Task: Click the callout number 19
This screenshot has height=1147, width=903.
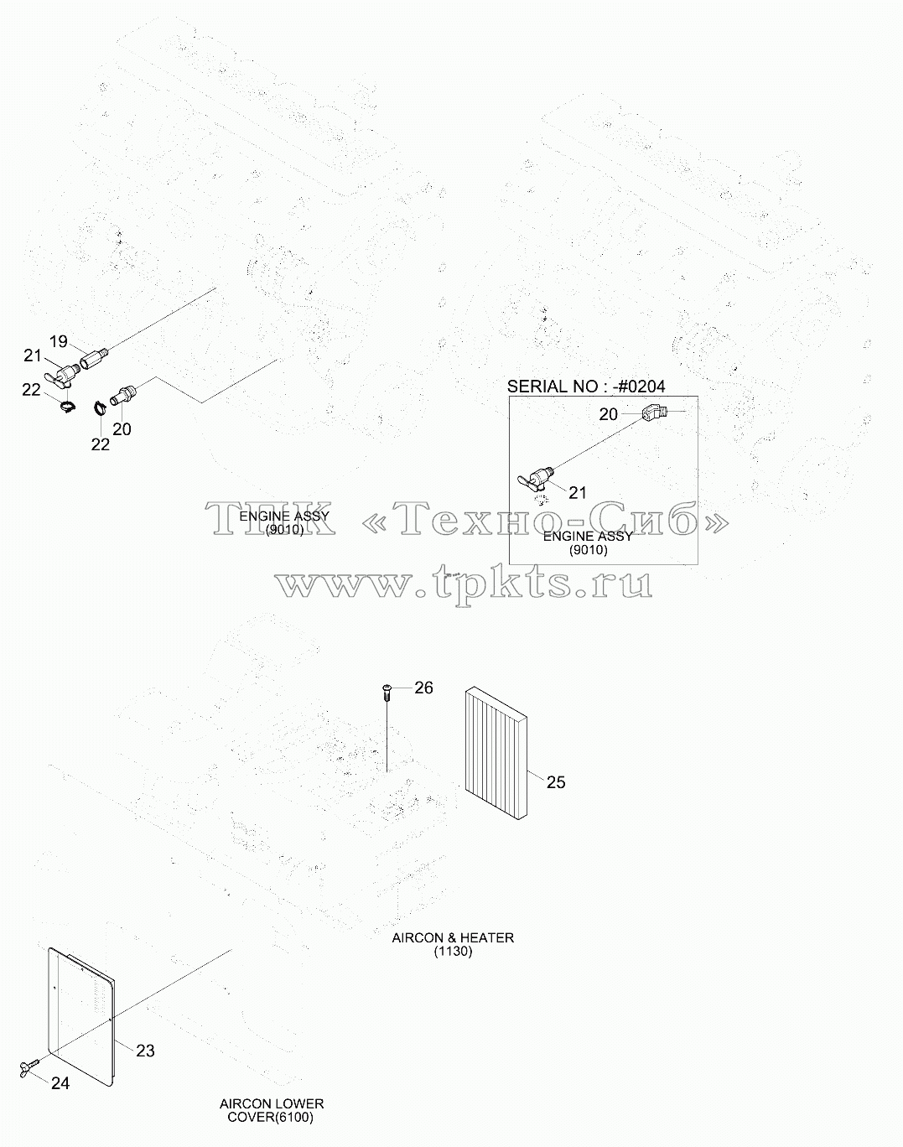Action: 59,341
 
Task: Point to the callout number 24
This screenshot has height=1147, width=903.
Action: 60,1083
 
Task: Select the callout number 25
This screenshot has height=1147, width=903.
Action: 555,782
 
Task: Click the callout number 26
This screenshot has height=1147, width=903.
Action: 423,688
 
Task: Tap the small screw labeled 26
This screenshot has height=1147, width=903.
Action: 387,693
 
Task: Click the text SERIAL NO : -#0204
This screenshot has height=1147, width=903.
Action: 586,387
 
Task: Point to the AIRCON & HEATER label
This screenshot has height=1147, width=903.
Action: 453,937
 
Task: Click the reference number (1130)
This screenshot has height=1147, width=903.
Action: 453,952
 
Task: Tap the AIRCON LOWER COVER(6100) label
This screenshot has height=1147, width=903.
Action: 272,1110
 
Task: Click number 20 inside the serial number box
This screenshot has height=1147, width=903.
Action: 608,414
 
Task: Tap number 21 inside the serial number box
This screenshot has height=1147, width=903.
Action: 578,492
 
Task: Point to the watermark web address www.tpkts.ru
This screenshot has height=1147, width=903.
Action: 464,583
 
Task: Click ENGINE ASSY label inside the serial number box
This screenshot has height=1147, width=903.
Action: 588,537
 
